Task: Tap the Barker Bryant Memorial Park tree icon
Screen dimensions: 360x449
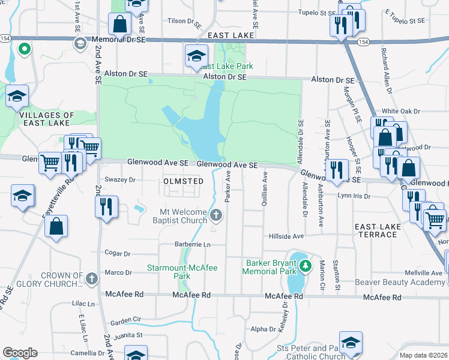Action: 306,265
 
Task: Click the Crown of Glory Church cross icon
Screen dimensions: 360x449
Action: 91,278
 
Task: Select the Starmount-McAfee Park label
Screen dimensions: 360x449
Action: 183,272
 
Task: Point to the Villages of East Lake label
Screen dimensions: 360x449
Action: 47,119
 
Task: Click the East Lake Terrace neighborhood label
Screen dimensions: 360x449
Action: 376,230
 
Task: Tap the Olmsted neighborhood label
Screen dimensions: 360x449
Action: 181,180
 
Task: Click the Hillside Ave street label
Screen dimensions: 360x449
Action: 288,236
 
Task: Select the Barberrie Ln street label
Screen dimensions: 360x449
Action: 193,245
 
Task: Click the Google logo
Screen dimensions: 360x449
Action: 20,353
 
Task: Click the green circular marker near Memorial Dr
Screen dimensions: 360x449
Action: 24,49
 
